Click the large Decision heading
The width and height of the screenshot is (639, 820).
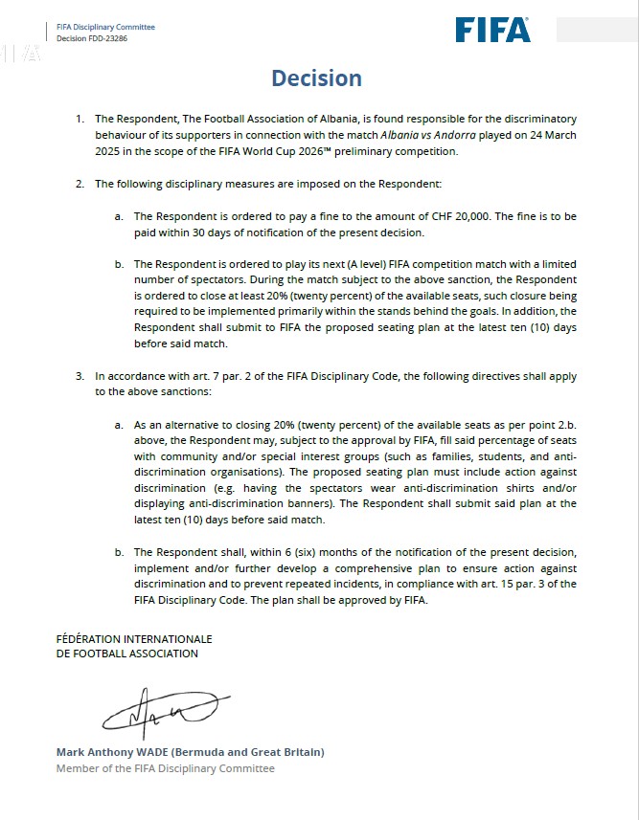tap(316, 78)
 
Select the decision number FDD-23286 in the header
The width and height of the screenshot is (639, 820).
tap(105, 39)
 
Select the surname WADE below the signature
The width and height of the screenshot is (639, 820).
tap(144, 752)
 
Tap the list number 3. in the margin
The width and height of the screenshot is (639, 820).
tap(80, 376)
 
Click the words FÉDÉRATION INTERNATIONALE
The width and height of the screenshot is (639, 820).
tap(134, 639)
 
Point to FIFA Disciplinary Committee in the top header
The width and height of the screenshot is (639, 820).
tap(105, 27)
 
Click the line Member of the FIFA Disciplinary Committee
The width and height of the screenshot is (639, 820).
tap(165, 768)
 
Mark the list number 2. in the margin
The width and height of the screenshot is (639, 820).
tap(80, 183)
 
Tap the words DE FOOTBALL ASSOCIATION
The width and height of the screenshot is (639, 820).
tap(127, 654)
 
